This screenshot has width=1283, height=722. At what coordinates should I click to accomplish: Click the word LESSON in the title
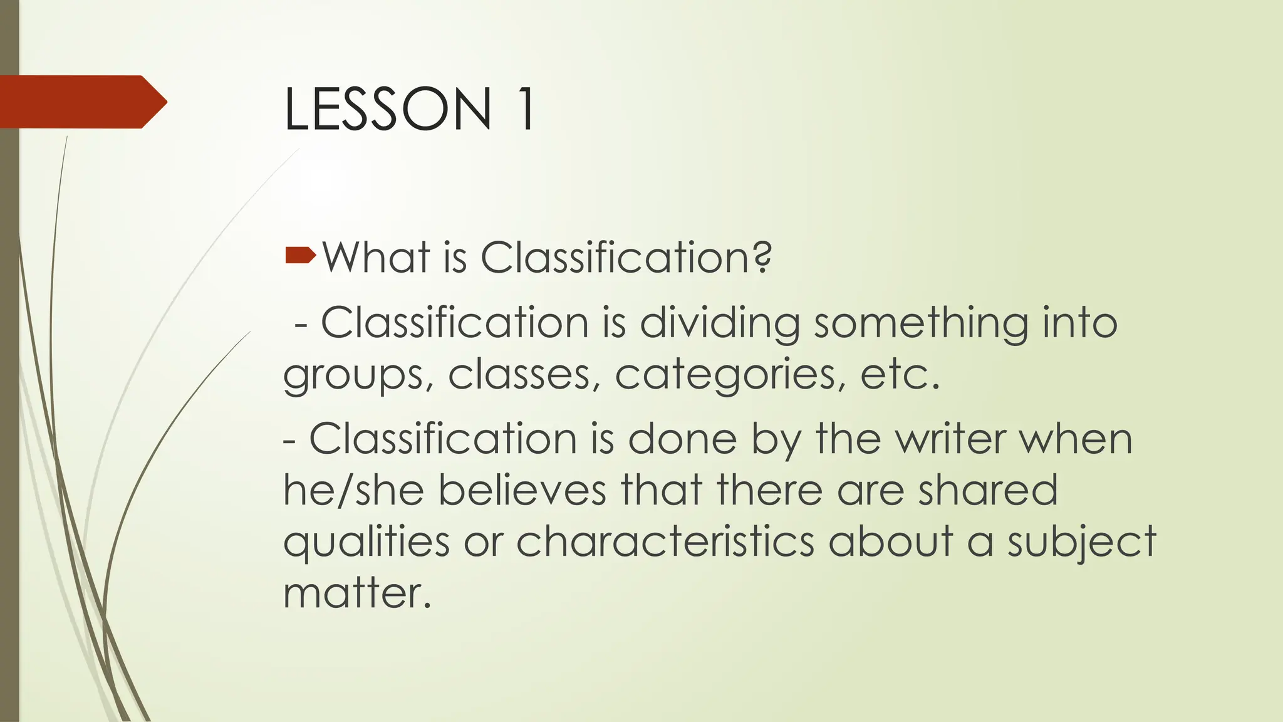tap(388, 109)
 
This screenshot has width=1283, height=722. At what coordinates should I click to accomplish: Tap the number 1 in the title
tap(524, 109)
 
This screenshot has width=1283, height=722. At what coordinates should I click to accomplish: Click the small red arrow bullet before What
tap(300, 254)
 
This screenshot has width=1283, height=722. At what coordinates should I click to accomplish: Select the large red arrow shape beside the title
tap(81, 102)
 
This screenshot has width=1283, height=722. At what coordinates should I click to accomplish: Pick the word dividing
tap(719, 324)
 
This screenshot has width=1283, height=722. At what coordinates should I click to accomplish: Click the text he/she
tap(353, 490)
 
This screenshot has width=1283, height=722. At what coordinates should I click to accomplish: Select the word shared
tap(988, 490)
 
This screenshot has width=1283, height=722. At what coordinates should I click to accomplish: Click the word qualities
tap(366, 542)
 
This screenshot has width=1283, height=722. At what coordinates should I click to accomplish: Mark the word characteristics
tap(665, 541)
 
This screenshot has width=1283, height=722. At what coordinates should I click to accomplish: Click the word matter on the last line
tap(357, 593)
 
